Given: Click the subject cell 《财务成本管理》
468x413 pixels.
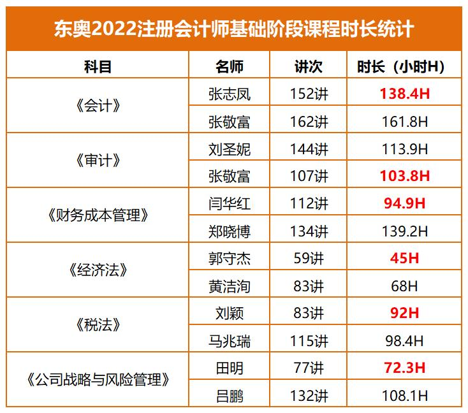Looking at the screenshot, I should point(98,215).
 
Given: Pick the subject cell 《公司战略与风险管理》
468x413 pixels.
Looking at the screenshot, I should point(98,381).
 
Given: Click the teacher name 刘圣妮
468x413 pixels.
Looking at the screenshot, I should point(230,149).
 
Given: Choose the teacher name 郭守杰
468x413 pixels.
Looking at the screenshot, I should point(230,258).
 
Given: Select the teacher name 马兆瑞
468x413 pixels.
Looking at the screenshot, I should point(230,340).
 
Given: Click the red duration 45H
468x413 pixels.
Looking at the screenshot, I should point(400,258).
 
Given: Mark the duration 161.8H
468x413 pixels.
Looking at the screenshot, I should point(400,121).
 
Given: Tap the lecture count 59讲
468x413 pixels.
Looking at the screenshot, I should point(308,258).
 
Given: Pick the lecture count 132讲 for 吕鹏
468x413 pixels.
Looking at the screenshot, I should point(308,396).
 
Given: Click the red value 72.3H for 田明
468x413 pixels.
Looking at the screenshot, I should point(400,368).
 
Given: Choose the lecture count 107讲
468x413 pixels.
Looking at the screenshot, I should point(308,176).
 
